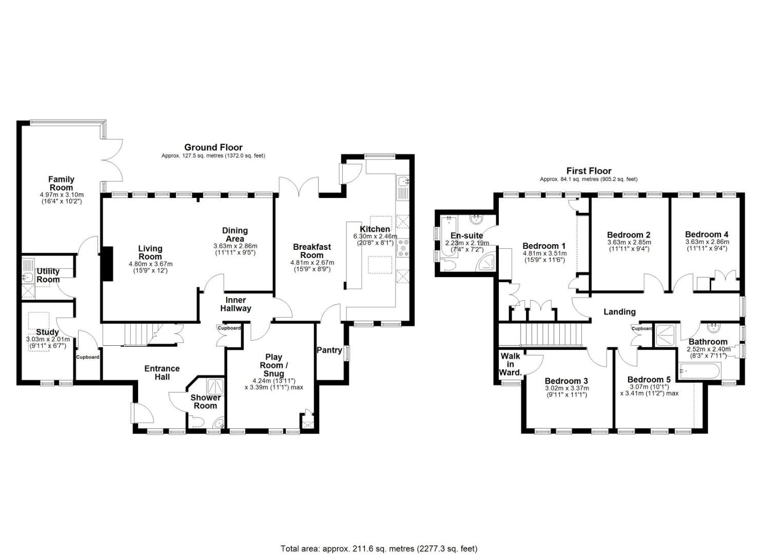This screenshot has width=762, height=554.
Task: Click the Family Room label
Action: point(61,183)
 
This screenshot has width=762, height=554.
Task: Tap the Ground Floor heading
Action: point(213,147)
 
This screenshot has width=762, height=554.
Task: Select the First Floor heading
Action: point(589,171)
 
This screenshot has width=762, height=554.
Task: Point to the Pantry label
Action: point(329,350)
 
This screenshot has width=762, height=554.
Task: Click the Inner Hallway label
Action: point(236,304)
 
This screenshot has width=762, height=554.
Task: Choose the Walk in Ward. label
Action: point(510,364)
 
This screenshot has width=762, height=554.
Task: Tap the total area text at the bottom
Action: point(379,539)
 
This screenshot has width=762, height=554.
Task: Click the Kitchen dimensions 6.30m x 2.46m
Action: point(375,236)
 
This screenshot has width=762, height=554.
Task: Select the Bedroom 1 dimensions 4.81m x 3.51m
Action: point(544,253)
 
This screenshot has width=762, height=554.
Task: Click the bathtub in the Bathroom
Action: point(699,370)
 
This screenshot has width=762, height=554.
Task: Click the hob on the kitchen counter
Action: point(403,248)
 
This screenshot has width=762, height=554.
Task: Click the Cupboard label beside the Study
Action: point(88,357)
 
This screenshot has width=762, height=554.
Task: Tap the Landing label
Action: point(619,312)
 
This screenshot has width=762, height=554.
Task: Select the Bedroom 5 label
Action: point(649,380)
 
